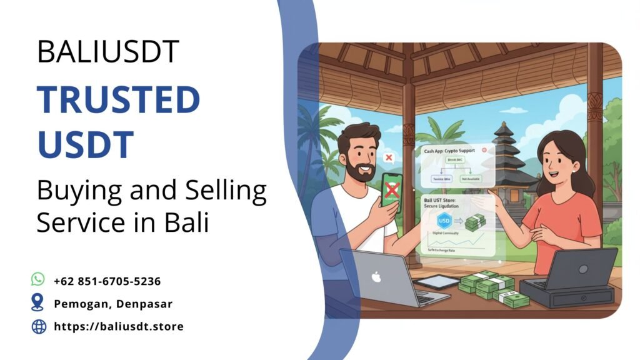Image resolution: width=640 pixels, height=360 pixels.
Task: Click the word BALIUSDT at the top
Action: tap(107, 52)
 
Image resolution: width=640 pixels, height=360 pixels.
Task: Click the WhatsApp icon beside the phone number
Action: tap(38, 279)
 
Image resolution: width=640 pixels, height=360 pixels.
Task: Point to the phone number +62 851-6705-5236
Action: tap(107, 281)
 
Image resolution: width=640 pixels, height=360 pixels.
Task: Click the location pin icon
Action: tap(38, 302)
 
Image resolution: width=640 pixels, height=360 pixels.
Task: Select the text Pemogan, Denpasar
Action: tap(112, 304)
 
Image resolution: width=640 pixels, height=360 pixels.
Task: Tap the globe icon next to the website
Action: tap(39, 326)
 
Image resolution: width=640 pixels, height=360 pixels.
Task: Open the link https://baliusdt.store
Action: tap(119, 326)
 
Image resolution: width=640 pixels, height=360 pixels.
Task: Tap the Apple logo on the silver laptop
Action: tap(376, 276)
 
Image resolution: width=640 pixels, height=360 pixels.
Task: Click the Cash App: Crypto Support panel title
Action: tap(448, 151)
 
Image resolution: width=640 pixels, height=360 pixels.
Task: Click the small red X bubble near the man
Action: tap(388, 157)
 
